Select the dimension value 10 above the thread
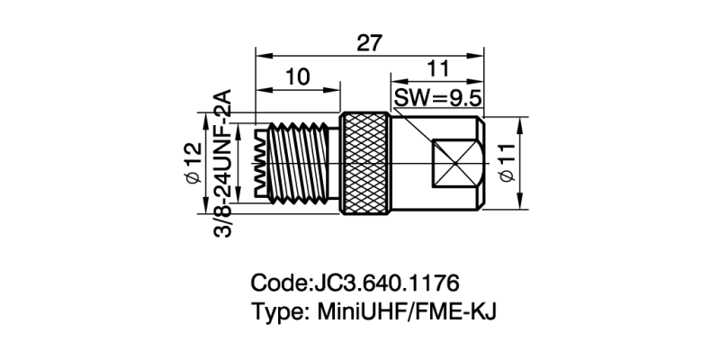(x=300, y=76)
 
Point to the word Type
(x=279, y=312)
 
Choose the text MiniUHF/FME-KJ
(x=405, y=312)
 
